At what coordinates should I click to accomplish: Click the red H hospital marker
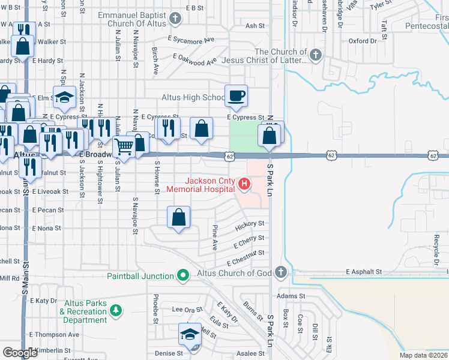tap(244, 183)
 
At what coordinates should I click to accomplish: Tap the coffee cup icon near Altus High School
tap(237, 95)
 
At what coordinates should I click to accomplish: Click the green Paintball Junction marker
tap(184, 276)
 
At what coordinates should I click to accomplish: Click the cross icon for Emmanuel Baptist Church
tap(175, 19)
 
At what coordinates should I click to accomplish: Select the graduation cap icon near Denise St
tap(190, 334)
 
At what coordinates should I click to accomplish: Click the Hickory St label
tap(250, 224)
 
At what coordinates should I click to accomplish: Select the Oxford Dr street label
tap(363, 41)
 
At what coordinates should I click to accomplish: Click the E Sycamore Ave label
tap(191, 40)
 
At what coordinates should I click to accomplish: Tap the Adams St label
tap(292, 296)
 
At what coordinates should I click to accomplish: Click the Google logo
tap(20, 352)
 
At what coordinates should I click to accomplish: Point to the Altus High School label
tap(193, 97)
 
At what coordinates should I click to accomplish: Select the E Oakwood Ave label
tap(194, 59)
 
